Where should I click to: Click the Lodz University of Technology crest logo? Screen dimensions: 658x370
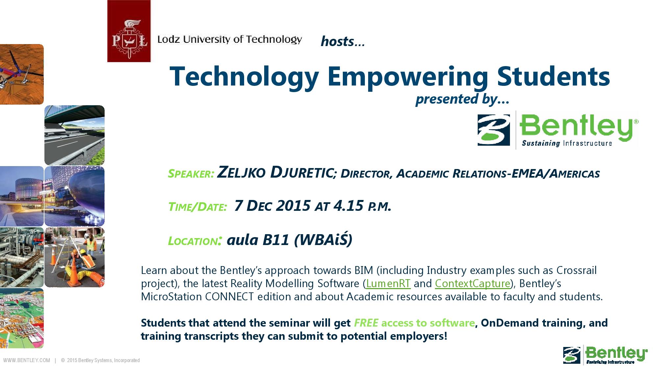pos(129,31)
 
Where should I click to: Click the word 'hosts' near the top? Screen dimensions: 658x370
pos(337,41)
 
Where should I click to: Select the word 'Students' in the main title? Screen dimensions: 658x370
pos(553,76)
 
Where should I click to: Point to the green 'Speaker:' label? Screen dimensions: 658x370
pos(191,174)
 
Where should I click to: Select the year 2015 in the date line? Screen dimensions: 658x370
pos(293,206)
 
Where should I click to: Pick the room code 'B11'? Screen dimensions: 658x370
pos(276,240)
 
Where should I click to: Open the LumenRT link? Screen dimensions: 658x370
pos(388,284)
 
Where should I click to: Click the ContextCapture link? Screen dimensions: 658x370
pos(472,284)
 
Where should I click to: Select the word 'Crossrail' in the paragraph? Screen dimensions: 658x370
pos(576,270)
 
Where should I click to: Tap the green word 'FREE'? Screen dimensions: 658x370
pos(366,323)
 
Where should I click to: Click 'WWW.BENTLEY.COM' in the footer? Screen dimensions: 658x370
pos(27,360)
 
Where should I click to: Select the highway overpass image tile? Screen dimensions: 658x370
pos(74,135)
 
